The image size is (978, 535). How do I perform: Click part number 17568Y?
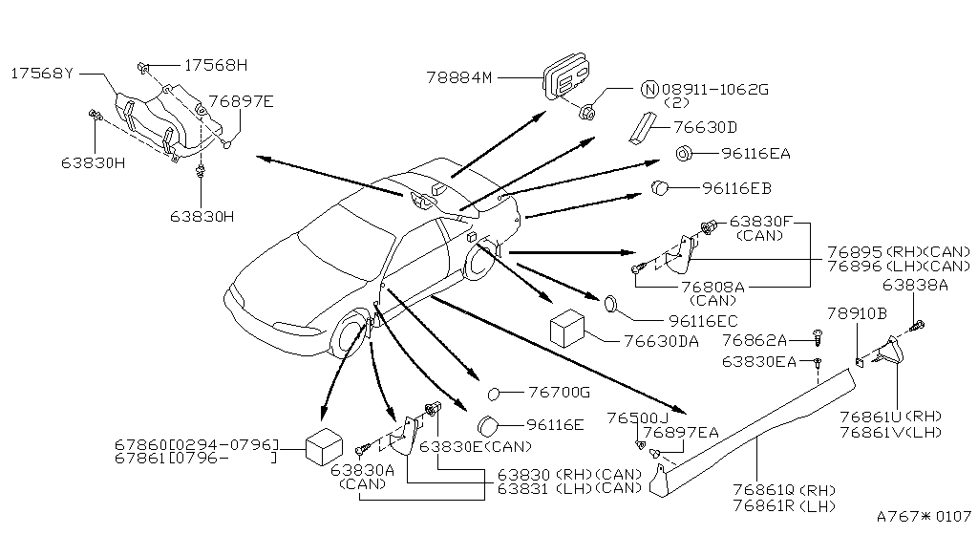42,74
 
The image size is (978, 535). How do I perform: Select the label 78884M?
459,78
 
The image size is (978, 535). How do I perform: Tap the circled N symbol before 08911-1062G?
649,89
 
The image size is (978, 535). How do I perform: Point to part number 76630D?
705,127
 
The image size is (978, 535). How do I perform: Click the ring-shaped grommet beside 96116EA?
683,153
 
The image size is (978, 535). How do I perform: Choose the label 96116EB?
736,187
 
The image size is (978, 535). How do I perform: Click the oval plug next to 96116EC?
610,305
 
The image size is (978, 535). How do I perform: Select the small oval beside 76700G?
494,394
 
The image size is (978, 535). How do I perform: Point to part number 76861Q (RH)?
784,491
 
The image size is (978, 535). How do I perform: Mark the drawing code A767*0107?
924,516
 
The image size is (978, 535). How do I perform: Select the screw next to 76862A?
819,338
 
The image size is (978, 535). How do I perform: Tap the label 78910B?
857,313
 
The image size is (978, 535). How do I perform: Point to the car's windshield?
346,238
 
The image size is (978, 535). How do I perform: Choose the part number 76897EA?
680,432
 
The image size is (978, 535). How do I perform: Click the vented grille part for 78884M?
566,76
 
